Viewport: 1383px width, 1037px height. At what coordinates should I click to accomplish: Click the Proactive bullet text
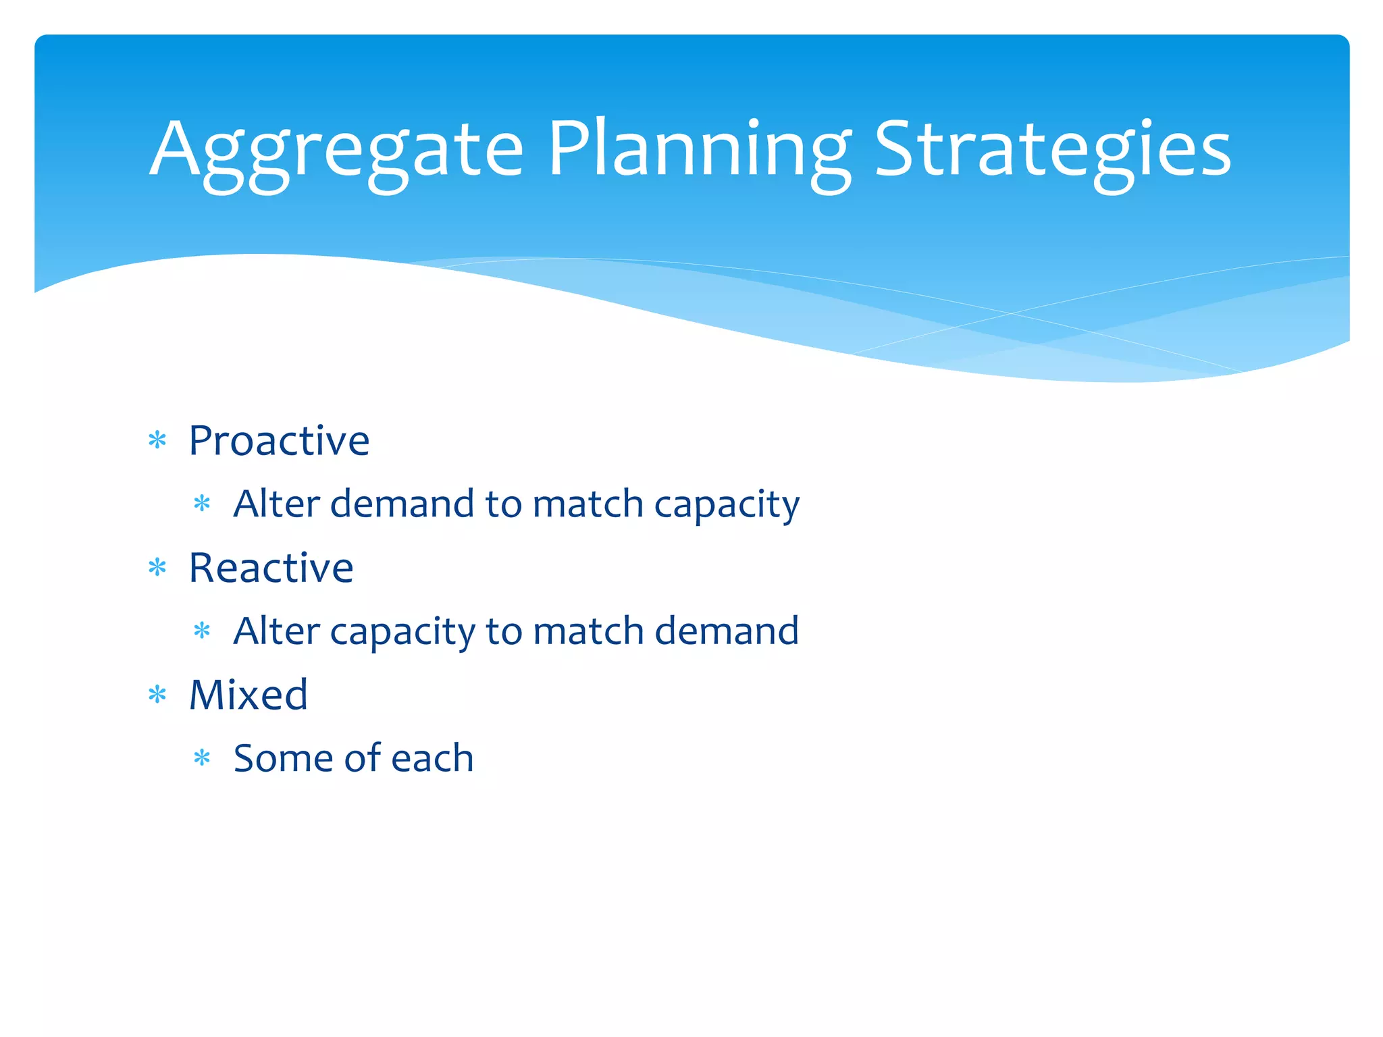click(279, 441)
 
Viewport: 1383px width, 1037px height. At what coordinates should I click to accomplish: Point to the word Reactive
click(271, 568)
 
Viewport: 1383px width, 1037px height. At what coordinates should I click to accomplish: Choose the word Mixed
click(249, 695)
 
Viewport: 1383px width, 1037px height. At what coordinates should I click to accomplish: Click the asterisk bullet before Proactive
click(157, 442)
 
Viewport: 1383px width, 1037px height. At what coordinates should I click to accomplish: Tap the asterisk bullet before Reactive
click(157, 568)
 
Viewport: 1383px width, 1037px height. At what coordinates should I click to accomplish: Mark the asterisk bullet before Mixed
click(157, 695)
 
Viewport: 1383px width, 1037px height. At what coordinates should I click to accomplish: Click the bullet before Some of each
click(202, 758)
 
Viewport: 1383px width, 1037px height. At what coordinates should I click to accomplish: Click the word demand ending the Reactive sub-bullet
click(727, 631)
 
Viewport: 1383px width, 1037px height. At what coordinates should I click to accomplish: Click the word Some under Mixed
click(283, 758)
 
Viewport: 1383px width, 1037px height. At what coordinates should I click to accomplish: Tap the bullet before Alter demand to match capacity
click(202, 504)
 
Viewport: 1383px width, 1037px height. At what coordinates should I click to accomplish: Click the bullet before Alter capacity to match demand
click(202, 632)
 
